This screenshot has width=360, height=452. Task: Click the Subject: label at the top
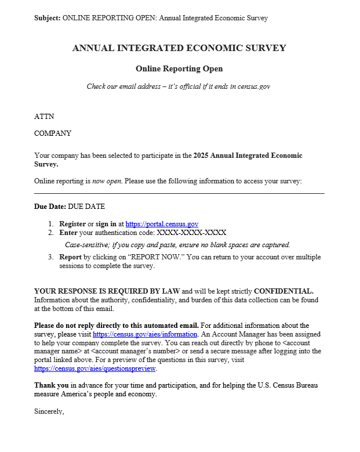pos(47,18)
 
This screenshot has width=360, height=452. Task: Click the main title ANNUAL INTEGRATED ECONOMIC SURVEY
pos(179,48)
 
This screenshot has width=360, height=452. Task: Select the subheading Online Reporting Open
pos(179,68)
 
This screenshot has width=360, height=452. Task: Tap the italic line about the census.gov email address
pos(179,86)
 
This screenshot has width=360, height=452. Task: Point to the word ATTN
pos(44,117)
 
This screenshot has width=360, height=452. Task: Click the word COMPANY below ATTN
pos(53,133)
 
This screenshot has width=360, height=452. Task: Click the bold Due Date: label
pos(50,206)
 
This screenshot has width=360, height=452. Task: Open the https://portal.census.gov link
pos(162,223)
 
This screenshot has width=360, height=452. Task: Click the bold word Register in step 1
pos(72,223)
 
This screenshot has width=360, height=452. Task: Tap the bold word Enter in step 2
pos(69,233)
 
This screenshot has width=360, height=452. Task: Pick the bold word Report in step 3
pos(70,257)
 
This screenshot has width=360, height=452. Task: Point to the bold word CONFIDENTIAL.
pos(283,291)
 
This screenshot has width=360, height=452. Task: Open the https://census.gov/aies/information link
pos(146,334)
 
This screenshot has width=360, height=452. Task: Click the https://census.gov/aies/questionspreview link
pos(95,368)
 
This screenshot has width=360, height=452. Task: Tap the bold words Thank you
pos(51,385)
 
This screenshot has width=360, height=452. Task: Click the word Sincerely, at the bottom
pos(49,411)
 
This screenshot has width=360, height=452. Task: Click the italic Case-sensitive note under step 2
pos(177,245)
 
